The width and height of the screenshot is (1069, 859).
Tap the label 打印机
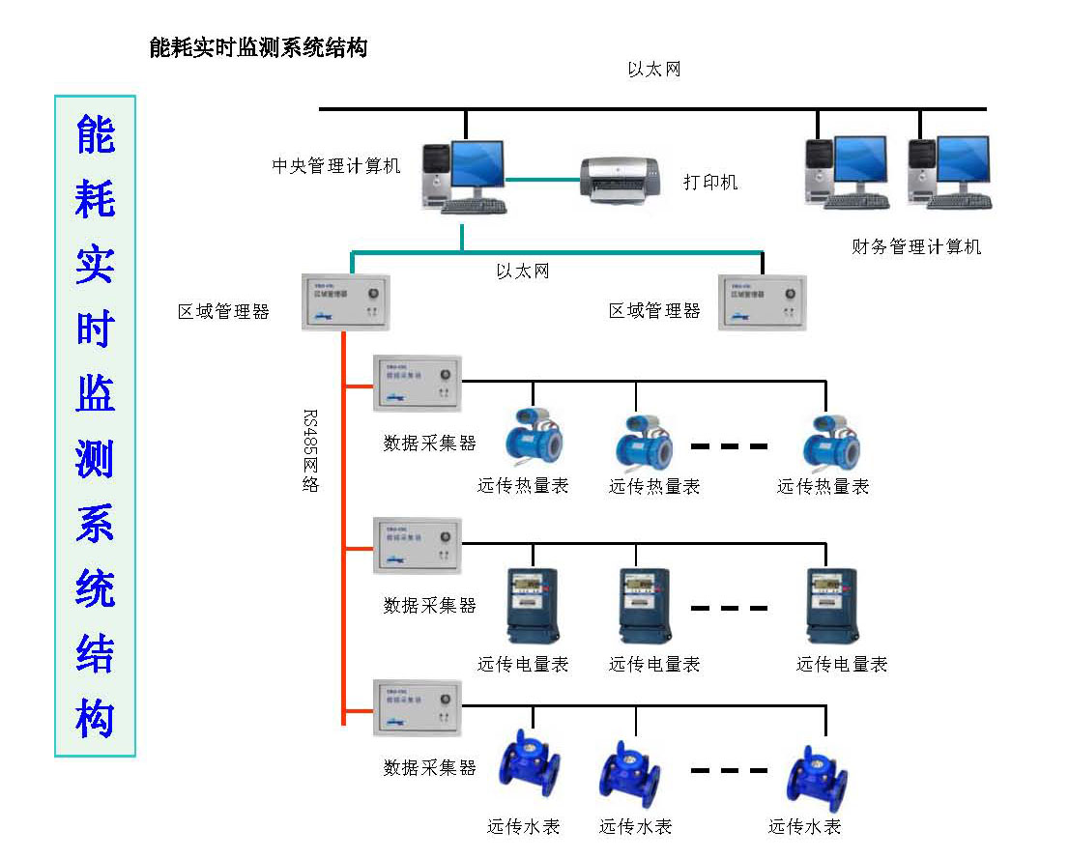pyautogui.click(x=710, y=182)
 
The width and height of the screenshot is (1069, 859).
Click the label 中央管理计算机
pyautogui.click(x=335, y=166)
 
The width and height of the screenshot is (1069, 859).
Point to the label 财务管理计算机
pyautogui.click(x=916, y=247)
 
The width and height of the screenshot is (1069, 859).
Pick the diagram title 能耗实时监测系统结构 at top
pyautogui.click(x=258, y=47)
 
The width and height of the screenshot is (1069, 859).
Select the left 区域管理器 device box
pyautogui.click(x=345, y=302)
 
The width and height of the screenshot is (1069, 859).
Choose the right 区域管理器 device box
pyautogui.click(x=763, y=302)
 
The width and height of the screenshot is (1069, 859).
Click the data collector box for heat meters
pyautogui.click(x=418, y=384)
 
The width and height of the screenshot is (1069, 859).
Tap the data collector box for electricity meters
pyautogui.click(x=418, y=546)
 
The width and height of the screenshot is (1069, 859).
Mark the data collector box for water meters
pyautogui.click(x=418, y=708)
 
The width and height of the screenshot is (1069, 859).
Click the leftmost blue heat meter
pyautogui.click(x=532, y=438)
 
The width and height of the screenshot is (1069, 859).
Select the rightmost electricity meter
pyautogui.click(x=832, y=605)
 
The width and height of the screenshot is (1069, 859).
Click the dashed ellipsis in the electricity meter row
pyautogui.click(x=729, y=608)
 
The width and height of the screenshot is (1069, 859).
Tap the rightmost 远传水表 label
pyautogui.click(x=804, y=827)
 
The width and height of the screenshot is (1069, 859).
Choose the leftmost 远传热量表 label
pyautogui.click(x=523, y=486)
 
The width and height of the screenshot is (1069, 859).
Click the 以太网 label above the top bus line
pyautogui.click(x=654, y=70)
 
